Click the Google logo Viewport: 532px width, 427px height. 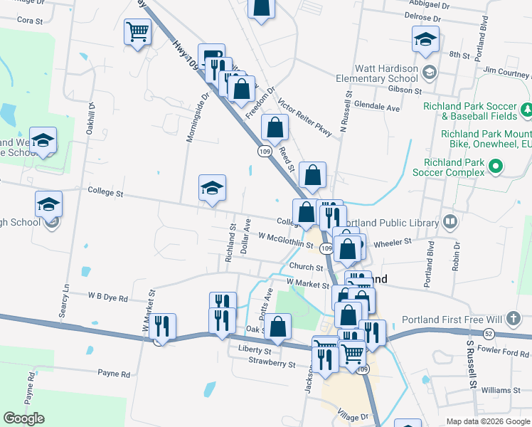click(24, 418)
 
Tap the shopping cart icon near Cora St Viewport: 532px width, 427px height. click(137, 31)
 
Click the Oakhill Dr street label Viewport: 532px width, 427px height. click(90, 117)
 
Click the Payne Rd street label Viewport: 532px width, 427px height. click(114, 373)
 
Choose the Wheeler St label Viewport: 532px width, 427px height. click(392, 242)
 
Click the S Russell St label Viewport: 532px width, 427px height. click(471, 364)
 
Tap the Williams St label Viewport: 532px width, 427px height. click(501, 390)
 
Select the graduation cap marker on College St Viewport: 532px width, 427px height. click(212, 189)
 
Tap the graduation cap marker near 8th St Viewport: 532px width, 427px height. click(425, 40)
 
